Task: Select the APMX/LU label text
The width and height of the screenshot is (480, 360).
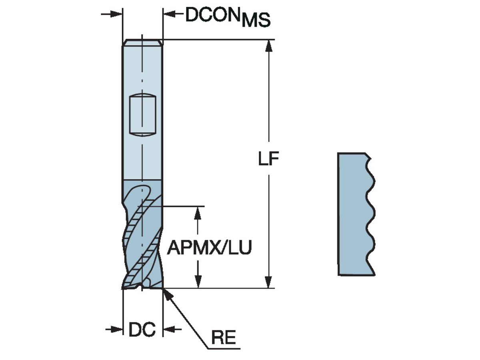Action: (209, 248)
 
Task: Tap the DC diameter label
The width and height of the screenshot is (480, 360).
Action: (142, 330)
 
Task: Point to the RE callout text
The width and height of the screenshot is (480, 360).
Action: (223, 338)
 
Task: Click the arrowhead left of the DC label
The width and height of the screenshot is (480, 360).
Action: (116, 329)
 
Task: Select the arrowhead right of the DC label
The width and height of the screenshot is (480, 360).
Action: (169, 329)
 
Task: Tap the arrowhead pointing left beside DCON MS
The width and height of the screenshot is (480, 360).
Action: (170, 14)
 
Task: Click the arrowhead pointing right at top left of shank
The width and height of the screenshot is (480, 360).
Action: (116, 14)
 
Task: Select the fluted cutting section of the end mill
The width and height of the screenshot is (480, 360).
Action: (142, 236)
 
